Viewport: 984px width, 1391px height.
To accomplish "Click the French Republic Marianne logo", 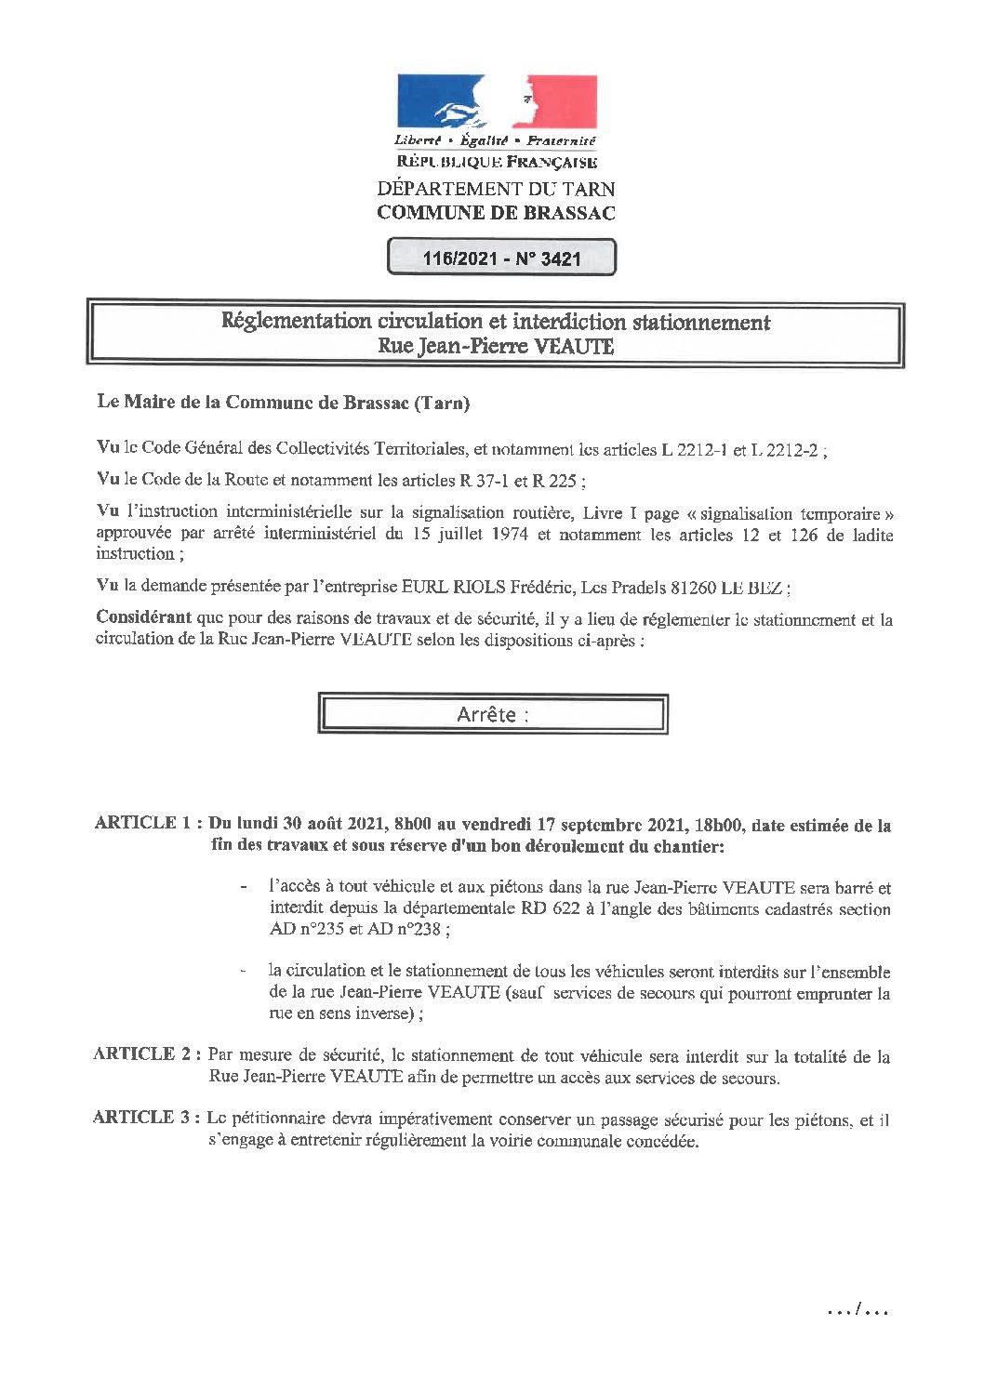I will pyautogui.click(x=497, y=102).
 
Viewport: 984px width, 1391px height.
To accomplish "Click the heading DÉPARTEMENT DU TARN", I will pyautogui.click(x=496, y=188).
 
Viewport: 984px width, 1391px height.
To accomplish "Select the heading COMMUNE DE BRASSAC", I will pyautogui.click(x=496, y=212).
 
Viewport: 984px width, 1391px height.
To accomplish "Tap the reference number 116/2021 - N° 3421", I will pyautogui.click(x=501, y=258).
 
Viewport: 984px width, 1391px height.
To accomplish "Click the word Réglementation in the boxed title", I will pyautogui.click(x=296, y=322).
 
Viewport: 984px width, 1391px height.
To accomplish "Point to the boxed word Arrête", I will pyautogui.click(x=486, y=714).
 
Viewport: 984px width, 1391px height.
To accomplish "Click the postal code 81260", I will pyautogui.click(x=689, y=587).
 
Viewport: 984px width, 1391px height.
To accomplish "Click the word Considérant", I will pyautogui.click(x=143, y=617).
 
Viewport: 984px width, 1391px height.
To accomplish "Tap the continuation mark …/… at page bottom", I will pyautogui.click(x=858, y=1311).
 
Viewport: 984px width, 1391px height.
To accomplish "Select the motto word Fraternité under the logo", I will pyautogui.click(x=561, y=140).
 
